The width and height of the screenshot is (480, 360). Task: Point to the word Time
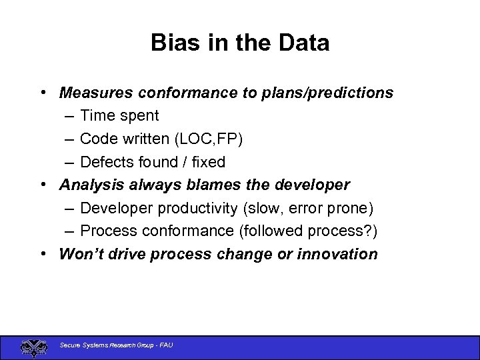tap(97, 115)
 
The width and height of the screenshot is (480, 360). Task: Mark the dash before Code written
tap(70, 139)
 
